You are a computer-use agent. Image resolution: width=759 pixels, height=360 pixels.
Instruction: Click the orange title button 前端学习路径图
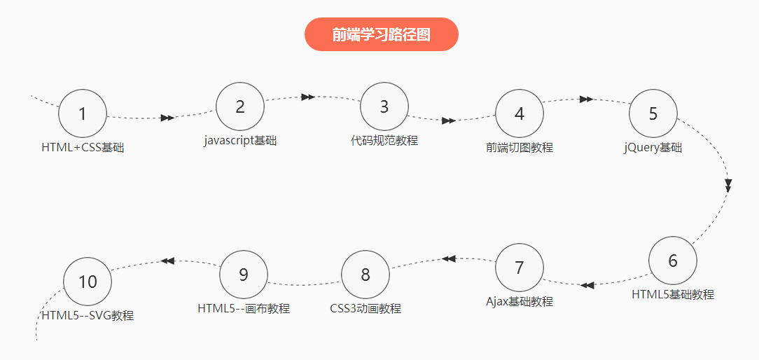(x=382, y=34)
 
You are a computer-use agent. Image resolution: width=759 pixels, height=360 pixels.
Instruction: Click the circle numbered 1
(x=83, y=113)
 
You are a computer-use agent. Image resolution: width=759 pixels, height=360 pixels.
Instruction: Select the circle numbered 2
(x=240, y=106)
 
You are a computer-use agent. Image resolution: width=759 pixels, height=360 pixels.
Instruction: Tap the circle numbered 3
(x=384, y=106)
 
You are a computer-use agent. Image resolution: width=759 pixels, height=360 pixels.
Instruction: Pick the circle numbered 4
(x=520, y=113)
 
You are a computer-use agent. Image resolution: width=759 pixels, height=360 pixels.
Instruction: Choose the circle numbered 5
(x=653, y=113)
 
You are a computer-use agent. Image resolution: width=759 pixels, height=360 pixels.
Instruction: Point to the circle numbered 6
(x=673, y=261)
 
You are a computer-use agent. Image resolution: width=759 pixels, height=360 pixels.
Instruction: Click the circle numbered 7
(x=520, y=268)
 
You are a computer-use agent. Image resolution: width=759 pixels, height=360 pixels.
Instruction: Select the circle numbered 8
(x=365, y=275)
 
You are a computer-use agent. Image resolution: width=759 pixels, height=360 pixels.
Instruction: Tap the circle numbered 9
(x=244, y=275)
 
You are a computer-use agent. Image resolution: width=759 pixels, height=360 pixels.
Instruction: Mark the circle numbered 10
(x=88, y=282)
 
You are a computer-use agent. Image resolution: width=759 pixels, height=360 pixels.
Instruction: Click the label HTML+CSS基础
(x=83, y=148)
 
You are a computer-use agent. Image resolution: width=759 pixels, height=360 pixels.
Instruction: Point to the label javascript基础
(x=240, y=141)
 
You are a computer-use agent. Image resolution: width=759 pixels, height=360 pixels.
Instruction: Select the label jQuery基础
(x=653, y=148)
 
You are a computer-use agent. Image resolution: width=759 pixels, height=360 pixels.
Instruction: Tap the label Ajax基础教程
(x=520, y=302)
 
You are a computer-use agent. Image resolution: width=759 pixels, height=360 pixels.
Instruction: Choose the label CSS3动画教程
(x=365, y=309)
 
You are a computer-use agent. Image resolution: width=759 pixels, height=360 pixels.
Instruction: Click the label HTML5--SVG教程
(x=88, y=316)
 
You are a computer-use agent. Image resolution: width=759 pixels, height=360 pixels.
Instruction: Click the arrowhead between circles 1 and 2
(x=167, y=118)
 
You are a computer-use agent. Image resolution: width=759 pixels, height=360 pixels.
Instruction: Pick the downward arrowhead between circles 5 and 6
(x=728, y=186)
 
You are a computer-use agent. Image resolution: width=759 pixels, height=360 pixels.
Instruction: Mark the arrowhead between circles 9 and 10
(x=167, y=261)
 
